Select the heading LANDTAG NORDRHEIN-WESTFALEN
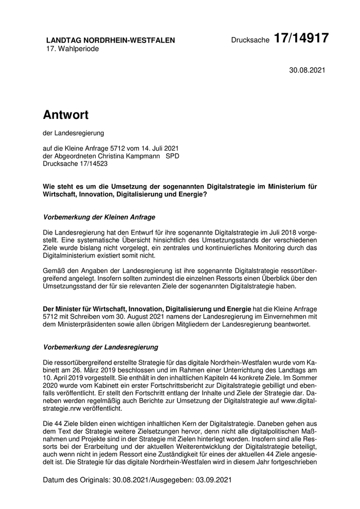click(111, 40)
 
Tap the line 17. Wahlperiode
click(73, 48)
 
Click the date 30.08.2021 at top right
click(307, 70)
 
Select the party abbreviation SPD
click(172, 156)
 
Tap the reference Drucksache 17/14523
click(75, 164)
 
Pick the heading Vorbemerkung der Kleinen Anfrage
click(99, 217)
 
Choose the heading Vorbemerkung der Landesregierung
click(101, 347)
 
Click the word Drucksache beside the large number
click(250, 40)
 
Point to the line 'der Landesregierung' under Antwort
click(74, 133)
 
